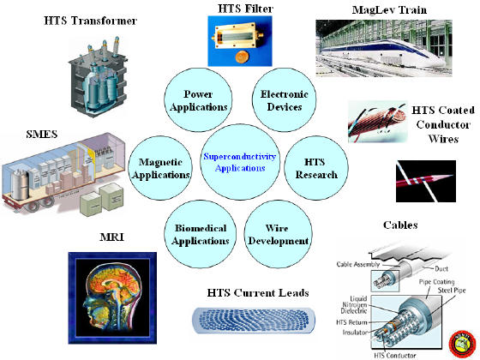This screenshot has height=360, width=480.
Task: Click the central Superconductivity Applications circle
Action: pyautogui.click(x=240, y=162)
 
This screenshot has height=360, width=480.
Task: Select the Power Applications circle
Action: pyautogui.click(x=198, y=99)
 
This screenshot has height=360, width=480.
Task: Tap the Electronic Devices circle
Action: pyautogui.click(x=284, y=99)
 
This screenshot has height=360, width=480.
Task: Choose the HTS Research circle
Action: pyautogui.click(x=316, y=168)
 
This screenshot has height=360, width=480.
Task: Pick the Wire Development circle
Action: pyautogui.click(x=278, y=234)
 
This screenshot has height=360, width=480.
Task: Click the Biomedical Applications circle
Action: pyautogui.click(x=201, y=234)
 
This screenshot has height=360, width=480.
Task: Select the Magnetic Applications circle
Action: pyautogui.click(x=160, y=168)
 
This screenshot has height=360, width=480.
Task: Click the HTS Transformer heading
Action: pyautogui.click(x=90, y=21)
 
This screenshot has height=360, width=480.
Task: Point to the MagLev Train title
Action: pyautogui.click(x=389, y=9)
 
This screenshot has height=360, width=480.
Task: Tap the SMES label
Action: pyautogui.click(x=42, y=134)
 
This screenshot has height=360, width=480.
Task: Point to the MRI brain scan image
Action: pyautogui.click(x=112, y=298)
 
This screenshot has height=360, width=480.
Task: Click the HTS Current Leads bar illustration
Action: pyautogui.click(x=254, y=321)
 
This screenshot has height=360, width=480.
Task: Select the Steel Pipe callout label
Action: pyautogui.click(x=452, y=290)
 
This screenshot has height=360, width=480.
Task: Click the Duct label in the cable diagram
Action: pyautogui.click(x=441, y=269)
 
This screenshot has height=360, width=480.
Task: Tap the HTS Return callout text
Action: pyautogui.click(x=351, y=322)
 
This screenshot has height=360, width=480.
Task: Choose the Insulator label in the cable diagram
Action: pyautogui.click(x=355, y=333)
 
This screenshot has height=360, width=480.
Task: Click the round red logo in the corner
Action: pyautogui.click(x=462, y=344)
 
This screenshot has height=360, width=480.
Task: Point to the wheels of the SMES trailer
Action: pyautogui.click(x=39, y=204)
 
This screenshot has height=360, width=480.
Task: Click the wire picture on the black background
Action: pyautogui.click(x=426, y=181)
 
